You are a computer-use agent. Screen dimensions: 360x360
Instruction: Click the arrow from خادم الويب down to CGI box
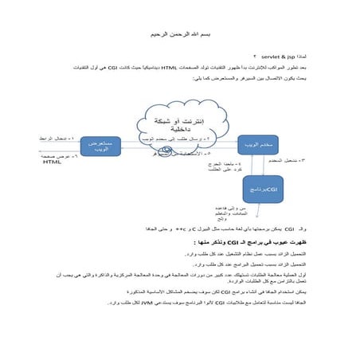pos(260,164)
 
